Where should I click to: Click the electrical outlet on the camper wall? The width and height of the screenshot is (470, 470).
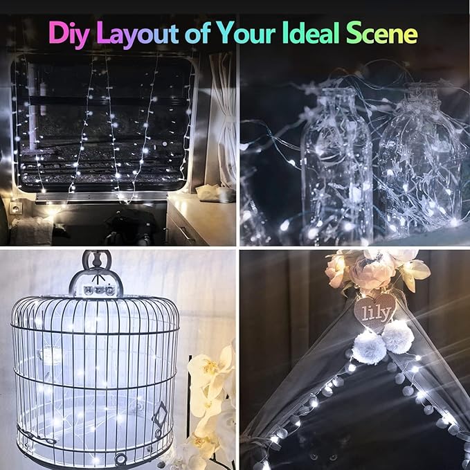coord(15,207)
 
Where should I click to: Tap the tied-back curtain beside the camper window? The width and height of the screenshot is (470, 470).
coord(223,125)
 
